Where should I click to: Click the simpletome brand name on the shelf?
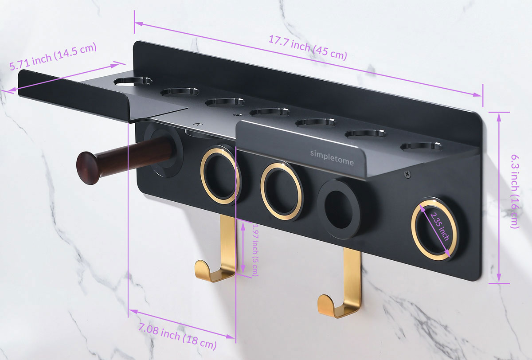[x=332, y=157]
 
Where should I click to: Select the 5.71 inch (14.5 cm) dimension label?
[x=53, y=56]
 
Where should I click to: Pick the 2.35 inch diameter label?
[x=440, y=226]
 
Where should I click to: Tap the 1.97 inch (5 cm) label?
[x=254, y=250]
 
